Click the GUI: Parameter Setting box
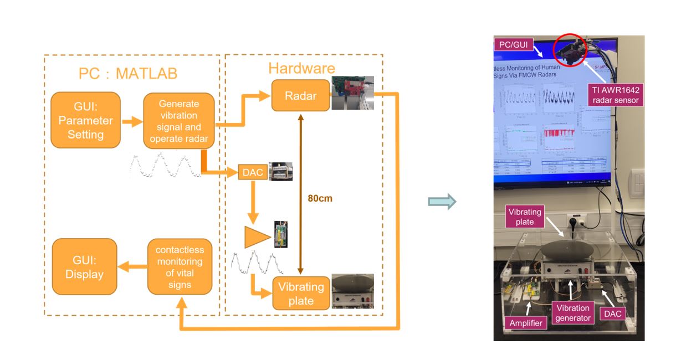coord(85,120)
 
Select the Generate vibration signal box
coord(178,121)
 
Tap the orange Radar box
coord(300,95)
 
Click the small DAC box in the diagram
coord(253,172)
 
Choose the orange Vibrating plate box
coord(301,294)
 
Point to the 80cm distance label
coord(320,198)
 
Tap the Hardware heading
coord(301,68)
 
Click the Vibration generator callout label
coord(573,313)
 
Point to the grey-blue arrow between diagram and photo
coord(442,202)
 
